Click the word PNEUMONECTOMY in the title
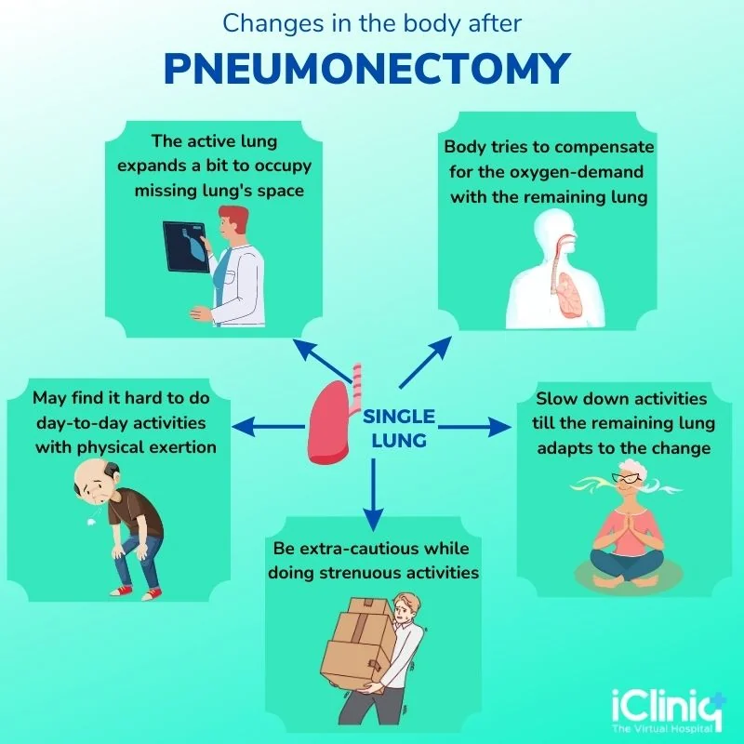click(366, 68)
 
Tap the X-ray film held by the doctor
click(187, 246)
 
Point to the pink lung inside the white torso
click(569, 295)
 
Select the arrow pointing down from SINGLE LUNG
click(374, 495)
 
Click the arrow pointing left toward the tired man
click(269, 427)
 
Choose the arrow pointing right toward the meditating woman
click(475, 427)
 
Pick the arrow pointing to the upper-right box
click(425, 363)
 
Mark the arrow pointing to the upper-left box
click(323, 361)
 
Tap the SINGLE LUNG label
click(399, 429)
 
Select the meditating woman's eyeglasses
click(625, 478)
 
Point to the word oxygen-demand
click(576, 172)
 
